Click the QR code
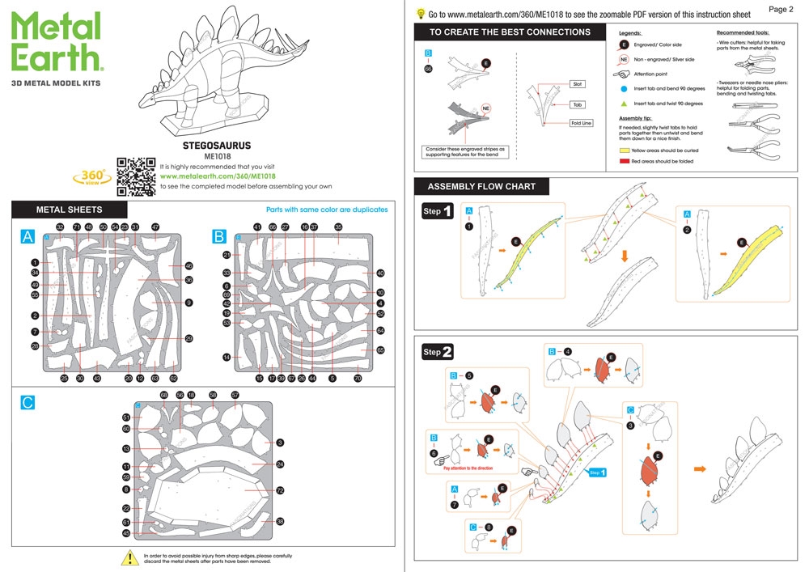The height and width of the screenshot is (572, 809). [x=136, y=176]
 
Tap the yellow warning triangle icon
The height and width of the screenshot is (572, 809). [x=129, y=557]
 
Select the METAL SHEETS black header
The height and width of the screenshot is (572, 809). [x=69, y=210]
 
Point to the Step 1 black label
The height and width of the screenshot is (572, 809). [x=438, y=213]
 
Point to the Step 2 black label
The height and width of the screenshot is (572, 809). [x=438, y=352]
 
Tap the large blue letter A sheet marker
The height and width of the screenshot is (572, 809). [x=28, y=236]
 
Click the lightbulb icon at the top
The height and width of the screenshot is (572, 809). [x=421, y=14]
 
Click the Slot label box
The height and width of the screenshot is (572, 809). [x=577, y=83]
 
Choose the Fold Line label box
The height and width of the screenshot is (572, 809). [x=581, y=123]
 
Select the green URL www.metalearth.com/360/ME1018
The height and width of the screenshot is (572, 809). [x=218, y=176]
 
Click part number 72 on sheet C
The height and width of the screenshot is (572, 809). [x=280, y=490]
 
